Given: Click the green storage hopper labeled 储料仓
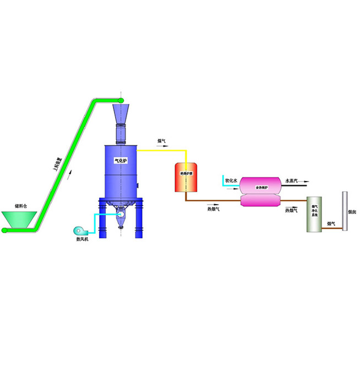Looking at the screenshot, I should (16, 219).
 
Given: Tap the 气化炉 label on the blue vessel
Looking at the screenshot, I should (121, 161).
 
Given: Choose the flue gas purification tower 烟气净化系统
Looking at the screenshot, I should (314, 215).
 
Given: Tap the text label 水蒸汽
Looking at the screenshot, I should (291, 180).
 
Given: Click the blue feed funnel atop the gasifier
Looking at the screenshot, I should (121, 112).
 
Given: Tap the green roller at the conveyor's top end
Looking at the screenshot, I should (121, 100).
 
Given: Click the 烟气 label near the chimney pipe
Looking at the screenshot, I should (332, 223).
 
